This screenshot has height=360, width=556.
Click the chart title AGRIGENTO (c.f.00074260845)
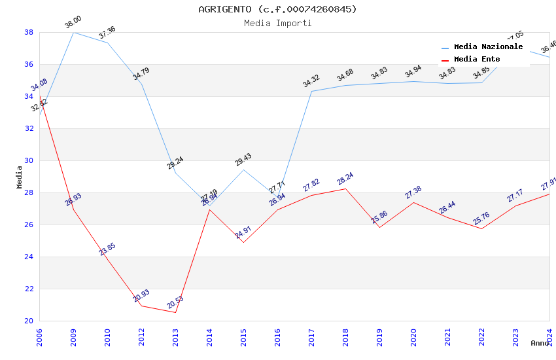(277, 9)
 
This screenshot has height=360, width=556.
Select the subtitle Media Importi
(277, 24)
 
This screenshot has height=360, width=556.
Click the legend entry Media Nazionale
(488, 47)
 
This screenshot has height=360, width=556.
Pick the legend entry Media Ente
(476, 60)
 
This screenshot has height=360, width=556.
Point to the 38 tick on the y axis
(29, 32)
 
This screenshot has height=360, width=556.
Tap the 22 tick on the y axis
(29, 289)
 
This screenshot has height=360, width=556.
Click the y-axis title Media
(19, 177)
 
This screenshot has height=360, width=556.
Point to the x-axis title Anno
(540, 343)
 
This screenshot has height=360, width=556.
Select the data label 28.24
(345, 179)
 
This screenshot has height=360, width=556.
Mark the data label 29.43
(243, 160)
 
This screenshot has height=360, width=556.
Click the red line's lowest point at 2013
(175, 312)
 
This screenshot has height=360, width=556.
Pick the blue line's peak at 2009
(73, 32)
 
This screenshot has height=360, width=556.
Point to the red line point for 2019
(379, 226)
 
